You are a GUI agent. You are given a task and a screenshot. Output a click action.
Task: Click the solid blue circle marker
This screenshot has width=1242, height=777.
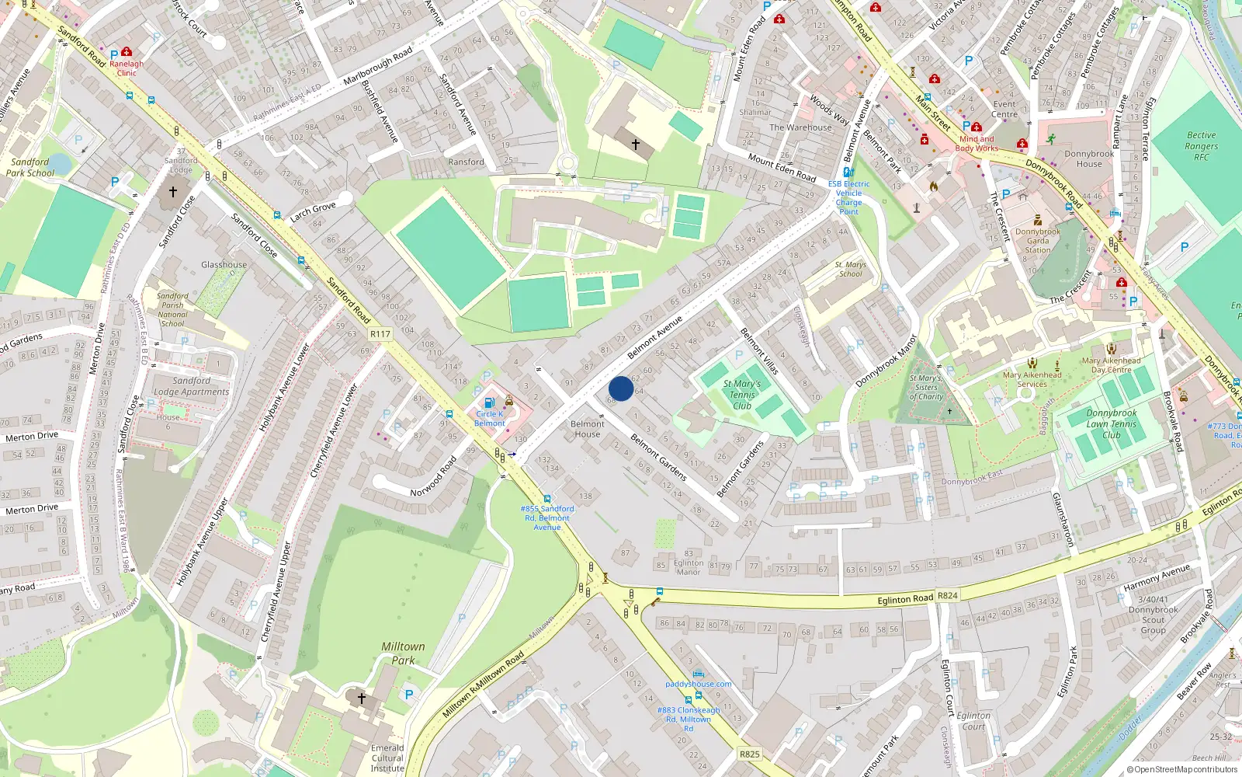coord(621,388)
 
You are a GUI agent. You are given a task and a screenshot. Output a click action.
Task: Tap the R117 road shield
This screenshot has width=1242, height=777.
coord(380,334)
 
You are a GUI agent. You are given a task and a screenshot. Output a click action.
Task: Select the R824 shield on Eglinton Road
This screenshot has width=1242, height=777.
coord(948,596)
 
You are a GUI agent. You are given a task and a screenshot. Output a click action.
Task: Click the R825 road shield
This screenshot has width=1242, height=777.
coord(749,754)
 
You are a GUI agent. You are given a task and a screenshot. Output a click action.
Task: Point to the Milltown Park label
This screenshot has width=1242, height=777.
coord(403,653)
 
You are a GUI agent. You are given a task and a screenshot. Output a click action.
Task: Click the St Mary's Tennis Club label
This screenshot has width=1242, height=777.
coord(742,394)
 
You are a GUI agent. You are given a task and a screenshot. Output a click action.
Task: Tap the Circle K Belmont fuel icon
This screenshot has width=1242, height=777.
coord(489,402)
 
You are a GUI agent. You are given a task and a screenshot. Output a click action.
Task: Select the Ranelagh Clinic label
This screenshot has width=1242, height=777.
coord(127,68)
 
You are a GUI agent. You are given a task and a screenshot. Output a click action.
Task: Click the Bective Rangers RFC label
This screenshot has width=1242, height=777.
coord(1201,146)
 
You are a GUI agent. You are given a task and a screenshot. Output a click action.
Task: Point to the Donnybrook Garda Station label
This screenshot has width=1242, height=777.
coord(1038,241)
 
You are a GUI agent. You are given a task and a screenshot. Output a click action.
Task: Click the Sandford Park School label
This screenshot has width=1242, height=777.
coord(30,168)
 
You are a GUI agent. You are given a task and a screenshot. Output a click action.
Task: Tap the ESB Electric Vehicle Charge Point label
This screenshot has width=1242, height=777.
coord(848,197)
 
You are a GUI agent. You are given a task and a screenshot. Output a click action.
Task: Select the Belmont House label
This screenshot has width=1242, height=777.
coord(588,429)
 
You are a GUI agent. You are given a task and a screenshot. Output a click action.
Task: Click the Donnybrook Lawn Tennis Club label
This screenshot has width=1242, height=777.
coord(1111,424)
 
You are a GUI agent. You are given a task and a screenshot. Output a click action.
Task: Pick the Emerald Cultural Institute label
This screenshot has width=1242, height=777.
coord(387,758)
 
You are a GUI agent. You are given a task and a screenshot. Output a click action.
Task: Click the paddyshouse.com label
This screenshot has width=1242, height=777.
coord(698,684)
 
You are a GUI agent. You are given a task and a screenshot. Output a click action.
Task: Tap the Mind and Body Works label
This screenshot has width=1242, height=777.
coord(977,144)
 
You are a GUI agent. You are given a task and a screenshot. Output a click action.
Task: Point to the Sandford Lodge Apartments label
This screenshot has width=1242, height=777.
coord(192,386)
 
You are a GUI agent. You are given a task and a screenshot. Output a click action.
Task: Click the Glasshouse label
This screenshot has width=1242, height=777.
coord(224,265)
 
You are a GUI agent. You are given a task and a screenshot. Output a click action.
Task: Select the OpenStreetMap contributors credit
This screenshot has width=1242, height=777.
coord(1183,769)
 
